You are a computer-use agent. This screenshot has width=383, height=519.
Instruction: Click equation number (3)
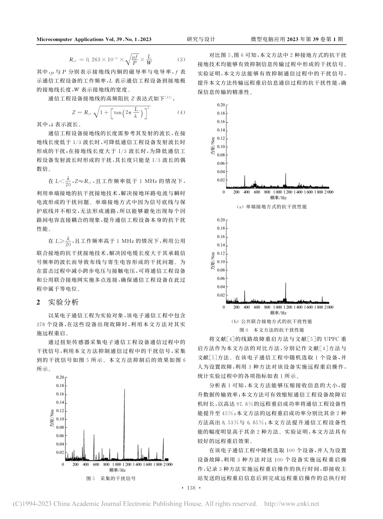pos(181,60)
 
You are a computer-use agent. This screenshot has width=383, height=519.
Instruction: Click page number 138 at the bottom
pos(191,488)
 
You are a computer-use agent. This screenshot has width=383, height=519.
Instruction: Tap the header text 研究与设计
pos(201,39)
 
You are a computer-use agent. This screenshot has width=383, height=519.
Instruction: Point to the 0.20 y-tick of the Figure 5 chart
pos(60,377)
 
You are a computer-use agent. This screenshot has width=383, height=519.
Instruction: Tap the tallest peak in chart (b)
pos(286,283)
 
